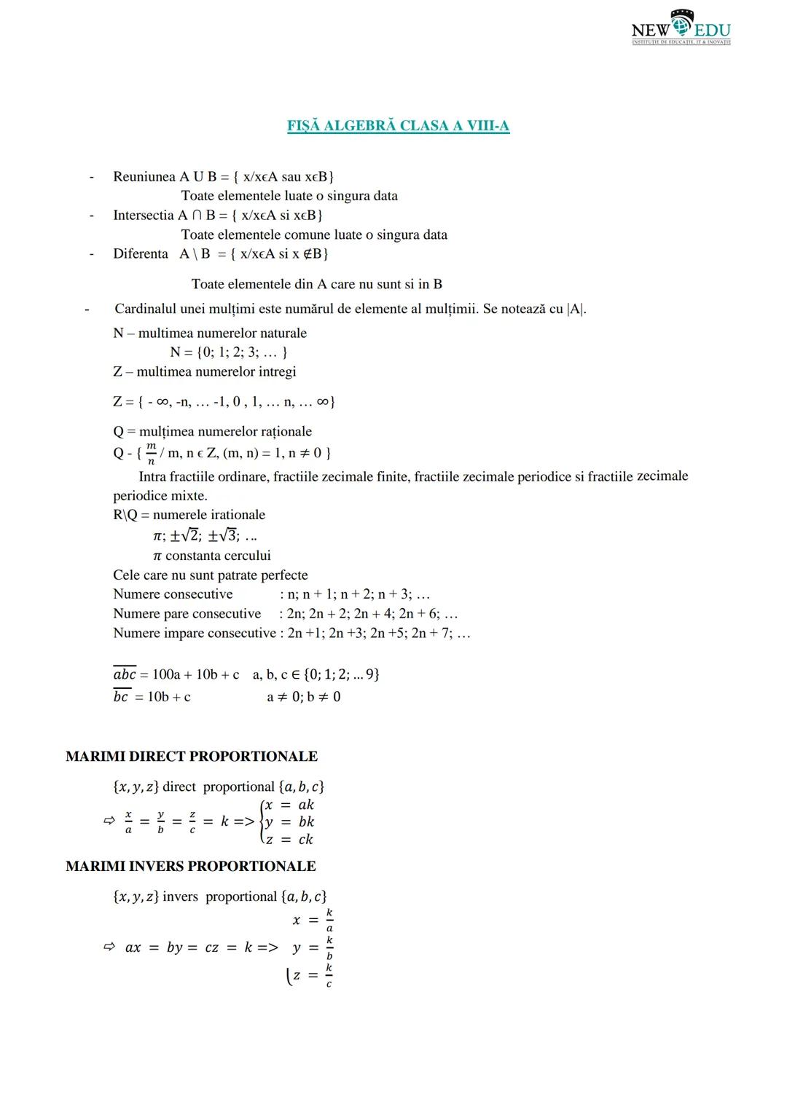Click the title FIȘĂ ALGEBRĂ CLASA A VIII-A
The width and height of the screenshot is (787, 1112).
click(398, 126)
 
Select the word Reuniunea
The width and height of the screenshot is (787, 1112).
click(144, 177)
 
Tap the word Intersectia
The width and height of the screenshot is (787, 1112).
click(144, 216)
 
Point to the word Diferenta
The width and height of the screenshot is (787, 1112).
click(141, 254)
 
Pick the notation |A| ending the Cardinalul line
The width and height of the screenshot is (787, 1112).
click(576, 309)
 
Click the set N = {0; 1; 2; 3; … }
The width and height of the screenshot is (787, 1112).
click(228, 352)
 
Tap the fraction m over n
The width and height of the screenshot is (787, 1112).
click(151, 453)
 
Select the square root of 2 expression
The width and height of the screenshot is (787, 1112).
click(187, 536)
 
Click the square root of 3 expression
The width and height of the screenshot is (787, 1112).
click(224, 536)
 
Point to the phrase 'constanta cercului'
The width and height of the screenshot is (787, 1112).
click(218, 556)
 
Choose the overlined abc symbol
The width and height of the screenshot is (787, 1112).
click(125, 674)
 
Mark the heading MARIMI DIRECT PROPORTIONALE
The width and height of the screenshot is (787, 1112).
click(192, 757)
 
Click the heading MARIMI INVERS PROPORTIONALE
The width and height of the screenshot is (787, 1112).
click(191, 867)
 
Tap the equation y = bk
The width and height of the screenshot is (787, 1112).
click(289, 822)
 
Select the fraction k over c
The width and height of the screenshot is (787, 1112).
click(329, 976)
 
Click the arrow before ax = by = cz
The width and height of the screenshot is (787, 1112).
click(109, 947)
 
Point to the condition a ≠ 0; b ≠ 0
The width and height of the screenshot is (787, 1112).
click(304, 697)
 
